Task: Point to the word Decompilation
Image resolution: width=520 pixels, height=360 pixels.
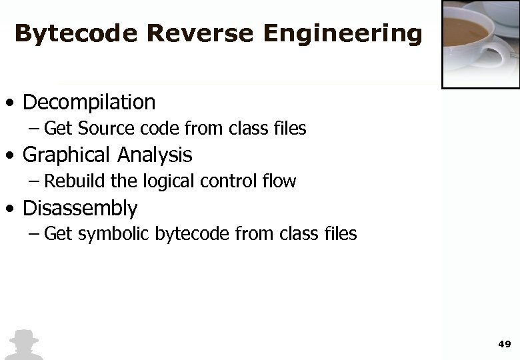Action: click(x=89, y=103)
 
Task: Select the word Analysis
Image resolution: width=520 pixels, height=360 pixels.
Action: click(x=155, y=155)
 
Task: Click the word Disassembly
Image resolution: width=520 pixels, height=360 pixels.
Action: click(x=80, y=209)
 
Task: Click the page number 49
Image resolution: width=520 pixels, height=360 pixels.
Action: click(x=504, y=344)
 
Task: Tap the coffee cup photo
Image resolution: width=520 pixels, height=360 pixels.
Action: click(x=481, y=43)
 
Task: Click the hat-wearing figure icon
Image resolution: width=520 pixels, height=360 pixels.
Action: click(x=23, y=345)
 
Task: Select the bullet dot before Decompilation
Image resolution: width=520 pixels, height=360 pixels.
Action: click(x=9, y=104)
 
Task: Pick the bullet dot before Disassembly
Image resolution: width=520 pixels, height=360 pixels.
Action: click(x=9, y=210)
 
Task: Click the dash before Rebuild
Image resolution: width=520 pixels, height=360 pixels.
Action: click(x=34, y=181)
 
